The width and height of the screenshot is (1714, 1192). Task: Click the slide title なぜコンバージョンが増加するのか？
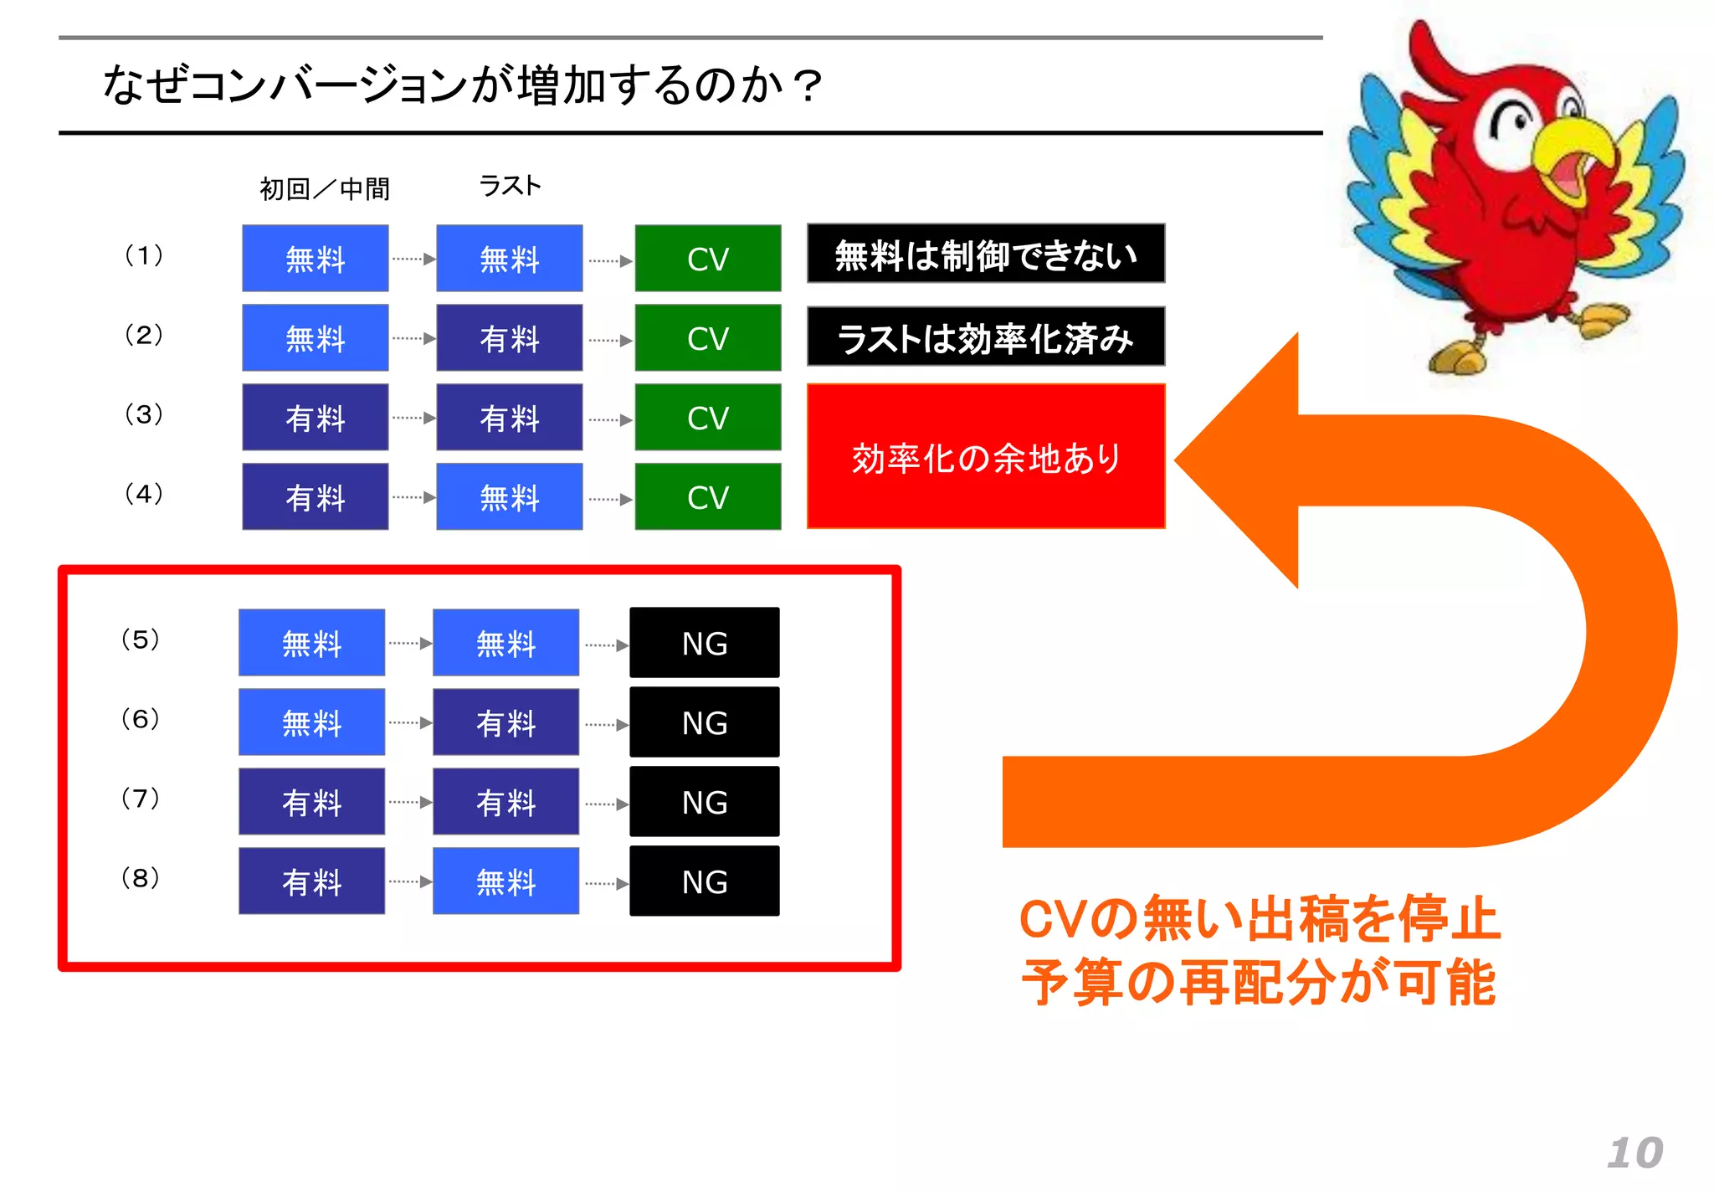(x=462, y=85)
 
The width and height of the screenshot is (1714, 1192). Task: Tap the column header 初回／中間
(x=324, y=189)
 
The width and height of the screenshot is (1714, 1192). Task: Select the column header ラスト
(x=510, y=185)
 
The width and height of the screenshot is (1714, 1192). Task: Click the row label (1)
(x=143, y=254)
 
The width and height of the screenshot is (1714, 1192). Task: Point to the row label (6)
(x=140, y=718)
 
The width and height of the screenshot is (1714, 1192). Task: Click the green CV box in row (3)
(x=708, y=418)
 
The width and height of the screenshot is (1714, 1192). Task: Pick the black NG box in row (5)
(x=705, y=643)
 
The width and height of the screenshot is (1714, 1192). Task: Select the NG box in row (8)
(x=705, y=881)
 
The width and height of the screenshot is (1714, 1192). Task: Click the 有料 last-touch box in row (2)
(x=510, y=338)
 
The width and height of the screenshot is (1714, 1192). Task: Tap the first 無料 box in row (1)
(x=316, y=259)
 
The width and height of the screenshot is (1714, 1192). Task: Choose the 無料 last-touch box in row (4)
(x=510, y=497)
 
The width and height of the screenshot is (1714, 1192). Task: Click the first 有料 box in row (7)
(x=312, y=802)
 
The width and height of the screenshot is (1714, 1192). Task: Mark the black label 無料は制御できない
(x=986, y=254)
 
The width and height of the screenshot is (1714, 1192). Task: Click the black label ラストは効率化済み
(x=986, y=337)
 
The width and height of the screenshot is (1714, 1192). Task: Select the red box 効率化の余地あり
(x=986, y=457)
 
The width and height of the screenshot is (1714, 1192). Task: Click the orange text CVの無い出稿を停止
(x=1260, y=918)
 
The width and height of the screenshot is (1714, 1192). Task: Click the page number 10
(x=1634, y=1153)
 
